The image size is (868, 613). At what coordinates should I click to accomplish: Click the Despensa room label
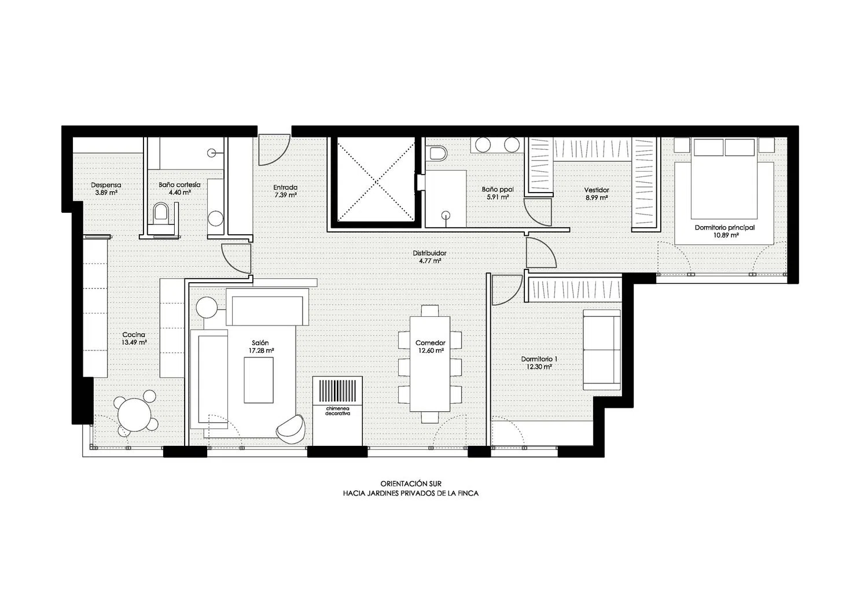coord(106,185)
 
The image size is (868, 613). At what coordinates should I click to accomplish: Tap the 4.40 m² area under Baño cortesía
coord(180,193)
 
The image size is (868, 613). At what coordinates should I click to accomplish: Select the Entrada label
coord(285,187)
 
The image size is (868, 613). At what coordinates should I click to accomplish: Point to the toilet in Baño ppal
coord(437,153)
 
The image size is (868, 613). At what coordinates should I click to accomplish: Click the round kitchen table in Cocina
coord(134,414)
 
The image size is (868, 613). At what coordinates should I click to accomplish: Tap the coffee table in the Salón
coord(259,380)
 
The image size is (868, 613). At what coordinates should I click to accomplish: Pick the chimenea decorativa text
coord(337,411)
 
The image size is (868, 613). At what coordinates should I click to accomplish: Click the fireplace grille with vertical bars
coord(337,391)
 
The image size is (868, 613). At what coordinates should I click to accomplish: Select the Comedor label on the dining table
coord(430,343)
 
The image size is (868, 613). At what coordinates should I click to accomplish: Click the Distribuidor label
coord(429,253)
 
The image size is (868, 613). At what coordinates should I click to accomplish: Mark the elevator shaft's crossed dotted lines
coord(376,181)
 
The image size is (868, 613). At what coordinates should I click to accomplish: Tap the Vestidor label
coord(597,190)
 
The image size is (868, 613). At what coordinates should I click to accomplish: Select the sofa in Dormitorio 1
coord(602,350)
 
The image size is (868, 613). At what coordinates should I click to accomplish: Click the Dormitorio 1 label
coord(539,359)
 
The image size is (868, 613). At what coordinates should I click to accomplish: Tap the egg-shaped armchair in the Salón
coord(290,429)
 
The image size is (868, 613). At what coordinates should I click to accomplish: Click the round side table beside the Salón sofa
coord(207,308)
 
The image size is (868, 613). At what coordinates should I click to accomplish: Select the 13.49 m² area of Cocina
coord(134,342)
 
